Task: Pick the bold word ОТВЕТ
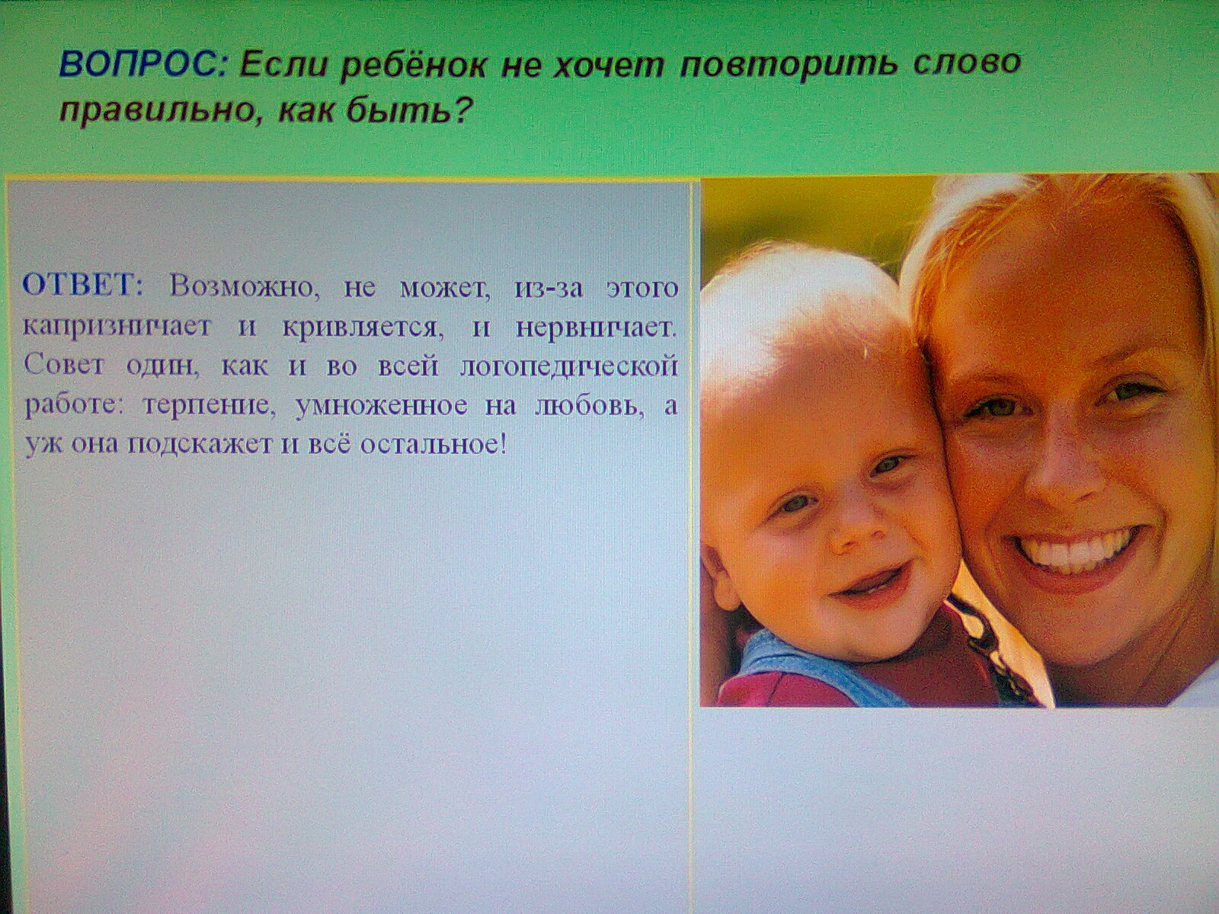(82, 286)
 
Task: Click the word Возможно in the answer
(245, 289)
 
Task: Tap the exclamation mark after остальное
(503, 444)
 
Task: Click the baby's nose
(856, 530)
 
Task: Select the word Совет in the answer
(65, 367)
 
